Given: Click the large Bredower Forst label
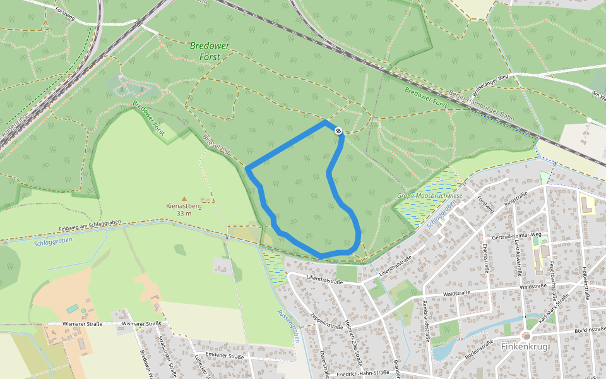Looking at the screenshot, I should [210, 51].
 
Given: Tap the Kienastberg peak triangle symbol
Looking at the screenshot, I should [184, 198].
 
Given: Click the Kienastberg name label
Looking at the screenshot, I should [184, 206].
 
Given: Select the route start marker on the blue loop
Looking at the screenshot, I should [339, 131].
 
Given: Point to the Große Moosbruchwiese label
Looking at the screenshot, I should [429, 196].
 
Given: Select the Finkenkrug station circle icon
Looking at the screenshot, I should [526, 336].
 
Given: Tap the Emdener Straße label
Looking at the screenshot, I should [224, 357].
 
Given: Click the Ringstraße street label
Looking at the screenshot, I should [515, 200].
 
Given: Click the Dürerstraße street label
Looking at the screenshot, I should [324, 364].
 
